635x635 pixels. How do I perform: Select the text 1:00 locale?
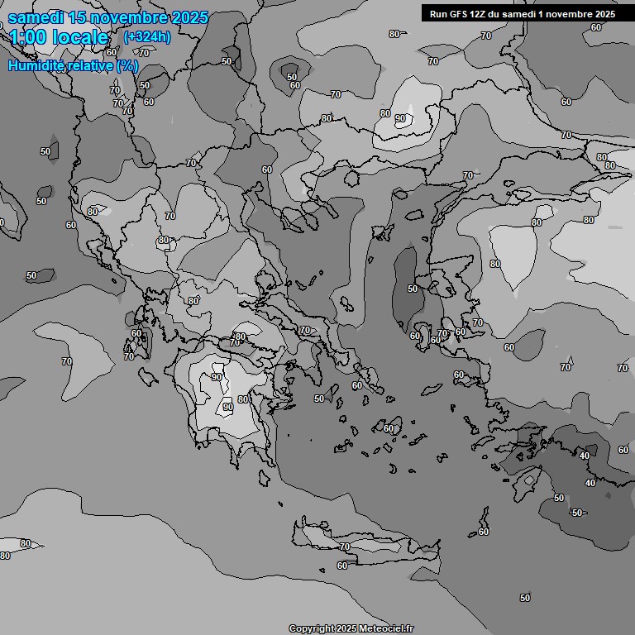[x=59, y=37]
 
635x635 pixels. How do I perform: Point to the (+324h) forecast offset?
[x=147, y=36]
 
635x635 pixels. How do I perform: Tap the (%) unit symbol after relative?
[x=127, y=65]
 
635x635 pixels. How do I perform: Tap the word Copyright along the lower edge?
[x=313, y=628]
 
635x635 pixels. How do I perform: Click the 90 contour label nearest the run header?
[x=400, y=119]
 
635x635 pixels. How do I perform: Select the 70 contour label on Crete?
[x=345, y=547]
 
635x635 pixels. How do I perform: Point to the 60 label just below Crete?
[x=341, y=566]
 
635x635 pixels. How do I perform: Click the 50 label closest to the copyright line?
[x=525, y=597]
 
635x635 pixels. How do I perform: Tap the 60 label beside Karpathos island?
[x=484, y=532]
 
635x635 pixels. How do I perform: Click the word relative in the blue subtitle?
[x=90, y=65]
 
